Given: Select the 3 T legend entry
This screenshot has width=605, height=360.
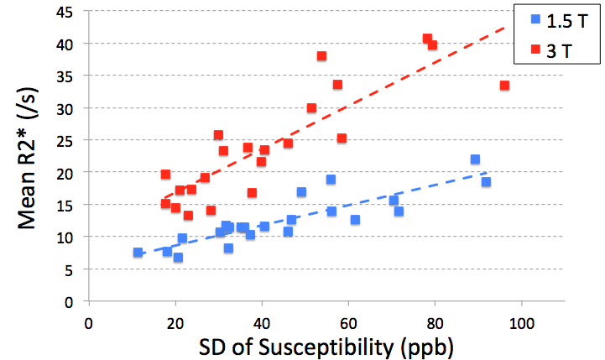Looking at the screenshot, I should [550, 51].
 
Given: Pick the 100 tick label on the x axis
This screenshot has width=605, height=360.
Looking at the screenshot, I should [522, 320].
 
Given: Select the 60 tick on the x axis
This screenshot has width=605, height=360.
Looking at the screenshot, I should [348, 320].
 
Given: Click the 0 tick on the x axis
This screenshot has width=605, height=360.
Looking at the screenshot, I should [89, 320].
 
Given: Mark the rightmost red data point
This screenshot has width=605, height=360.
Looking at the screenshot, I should [504, 85].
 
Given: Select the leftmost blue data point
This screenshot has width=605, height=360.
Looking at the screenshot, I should [138, 252].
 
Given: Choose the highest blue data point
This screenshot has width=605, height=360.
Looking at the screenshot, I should [475, 159].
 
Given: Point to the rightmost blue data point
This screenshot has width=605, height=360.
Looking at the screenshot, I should [486, 181].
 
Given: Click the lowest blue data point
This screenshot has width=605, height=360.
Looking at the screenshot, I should [178, 257].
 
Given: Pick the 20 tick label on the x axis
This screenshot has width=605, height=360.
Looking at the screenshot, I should [175, 320].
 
